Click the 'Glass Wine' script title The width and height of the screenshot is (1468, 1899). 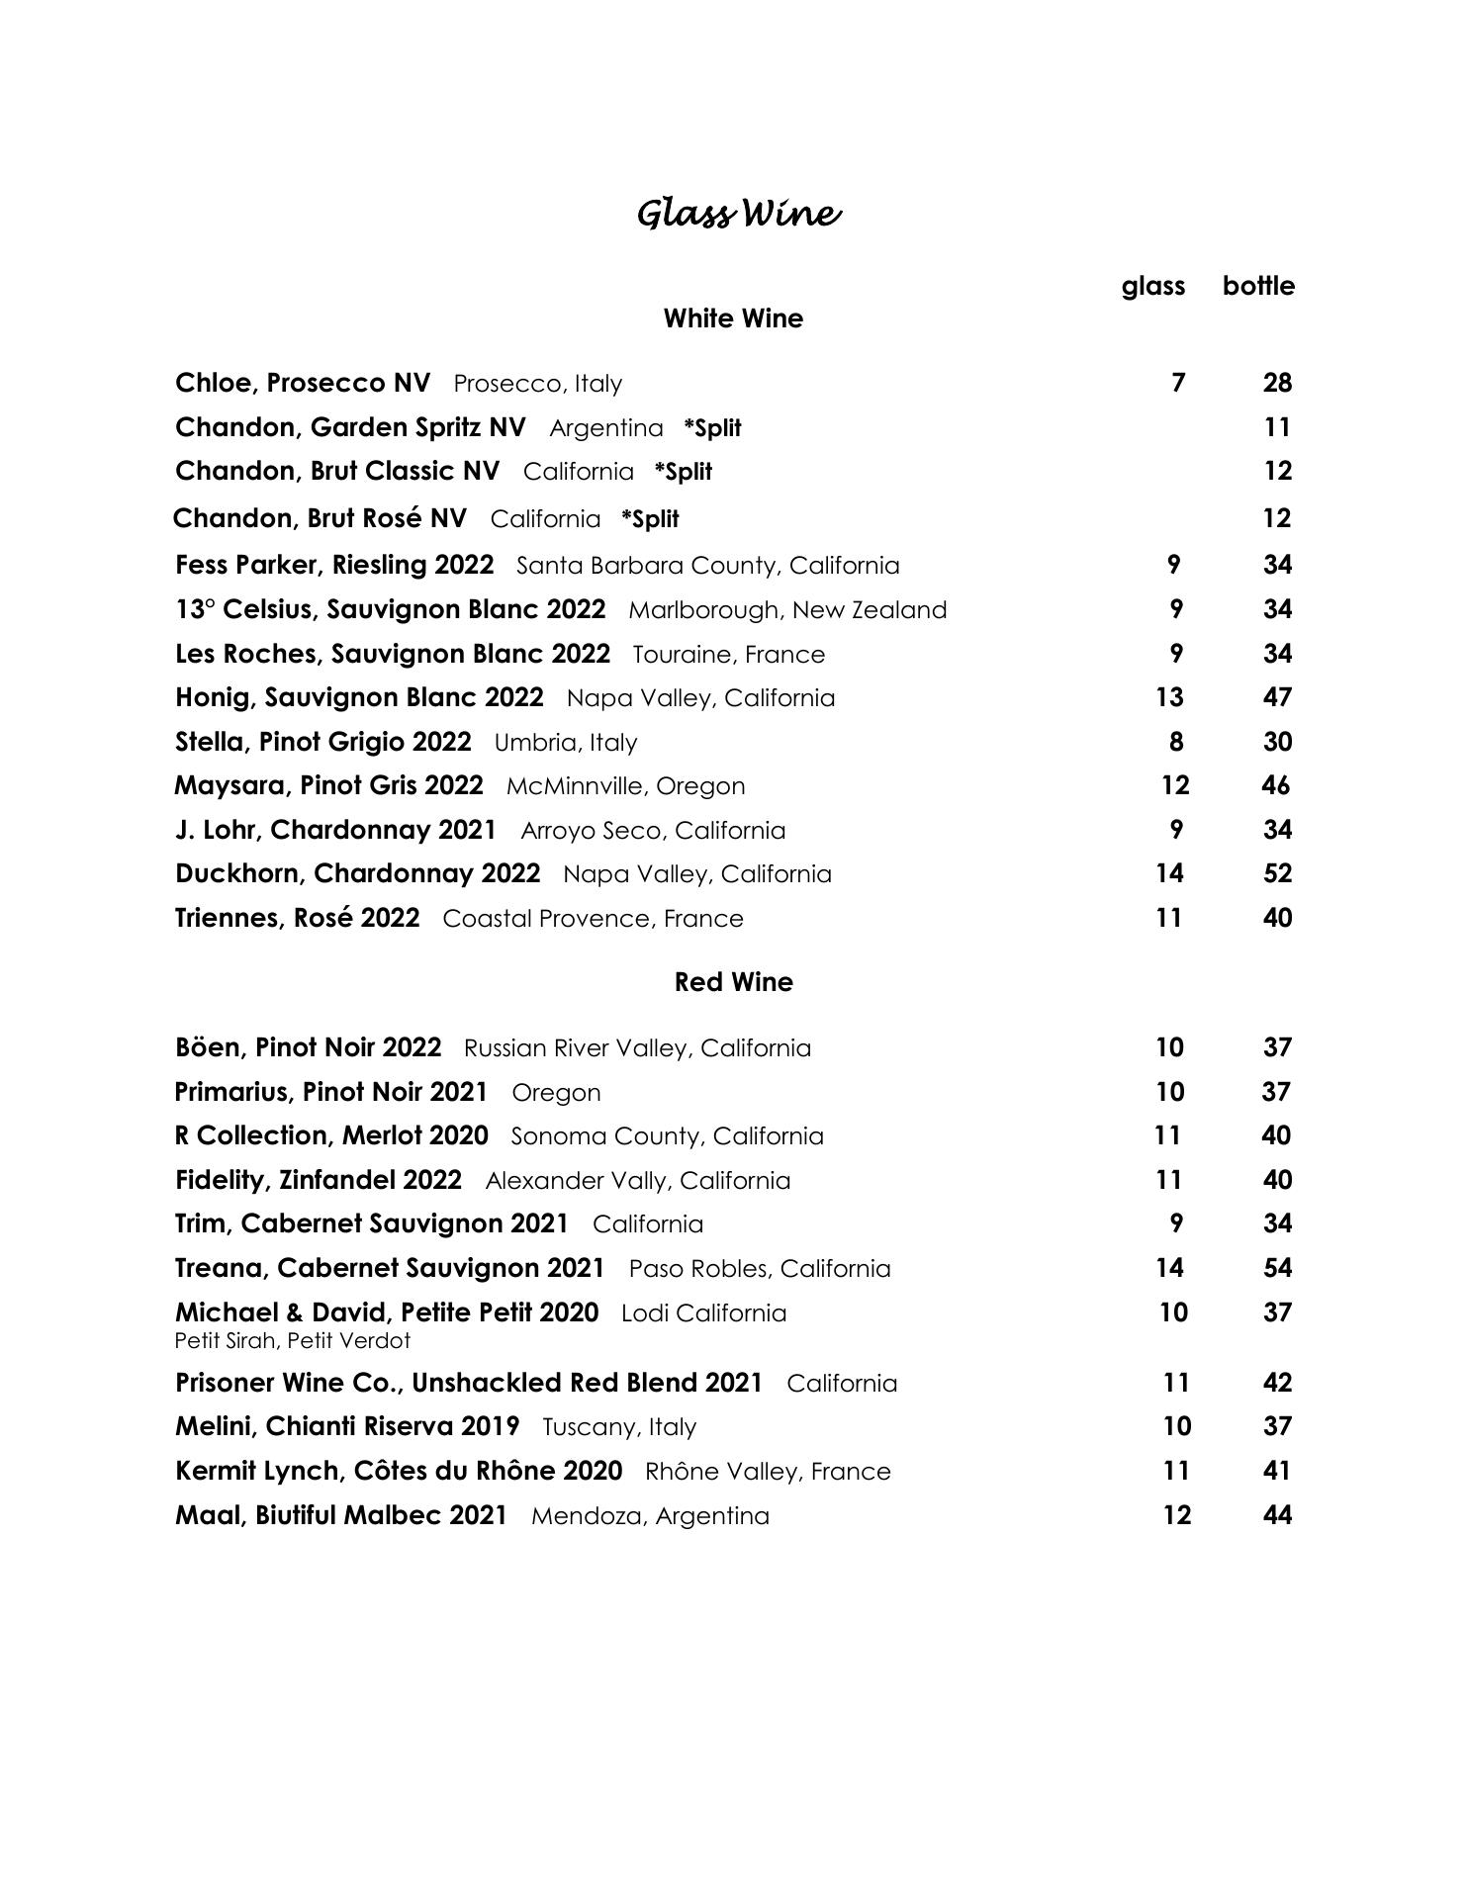pyautogui.click(x=738, y=215)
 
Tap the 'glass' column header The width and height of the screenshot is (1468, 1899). pyautogui.click(x=1152, y=286)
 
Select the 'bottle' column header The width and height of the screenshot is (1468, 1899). pyautogui.click(x=1257, y=286)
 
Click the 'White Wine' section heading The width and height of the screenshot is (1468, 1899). pyautogui.click(x=733, y=318)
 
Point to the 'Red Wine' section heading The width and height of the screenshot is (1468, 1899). pyautogui.click(x=733, y=982)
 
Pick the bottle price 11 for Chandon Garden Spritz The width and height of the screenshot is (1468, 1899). pyautogui.click(x=1277, y=427)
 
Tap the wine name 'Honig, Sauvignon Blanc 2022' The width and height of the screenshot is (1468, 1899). pyautogui.click(x=359, y=697)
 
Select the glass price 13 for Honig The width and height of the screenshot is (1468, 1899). pyautogui.click(x=1169, y=697)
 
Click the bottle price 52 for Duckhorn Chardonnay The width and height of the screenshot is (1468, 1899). pyautogui.click(x=1277, y=873)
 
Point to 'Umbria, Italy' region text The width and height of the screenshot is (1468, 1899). pyautogui.click(x=566, y=743)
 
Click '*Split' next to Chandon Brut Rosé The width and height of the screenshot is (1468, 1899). pyautogui.click(x=650, y=519)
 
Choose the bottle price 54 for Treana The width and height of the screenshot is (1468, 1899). pyautogui.click(x=1277, y=1268)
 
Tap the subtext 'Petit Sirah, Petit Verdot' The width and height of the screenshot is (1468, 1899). pyautogui.click(x=292, y=1341)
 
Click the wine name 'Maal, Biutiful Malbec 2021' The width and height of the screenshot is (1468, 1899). pyautogui.click(x=341, y=1515)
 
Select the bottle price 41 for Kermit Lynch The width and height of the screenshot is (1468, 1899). pyautogui.click(x=1277, y=1471)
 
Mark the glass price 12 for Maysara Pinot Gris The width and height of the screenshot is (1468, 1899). pyautogui.click(x=1174, y=785)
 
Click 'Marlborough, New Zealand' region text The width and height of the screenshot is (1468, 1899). pyautogui.click(x=787, y=610)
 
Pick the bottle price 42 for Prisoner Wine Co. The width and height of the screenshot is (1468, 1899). pyautogui.click(x=1277, y=1383)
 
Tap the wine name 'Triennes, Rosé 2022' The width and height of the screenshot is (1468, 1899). pyautogui.click(x=297, y=918)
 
